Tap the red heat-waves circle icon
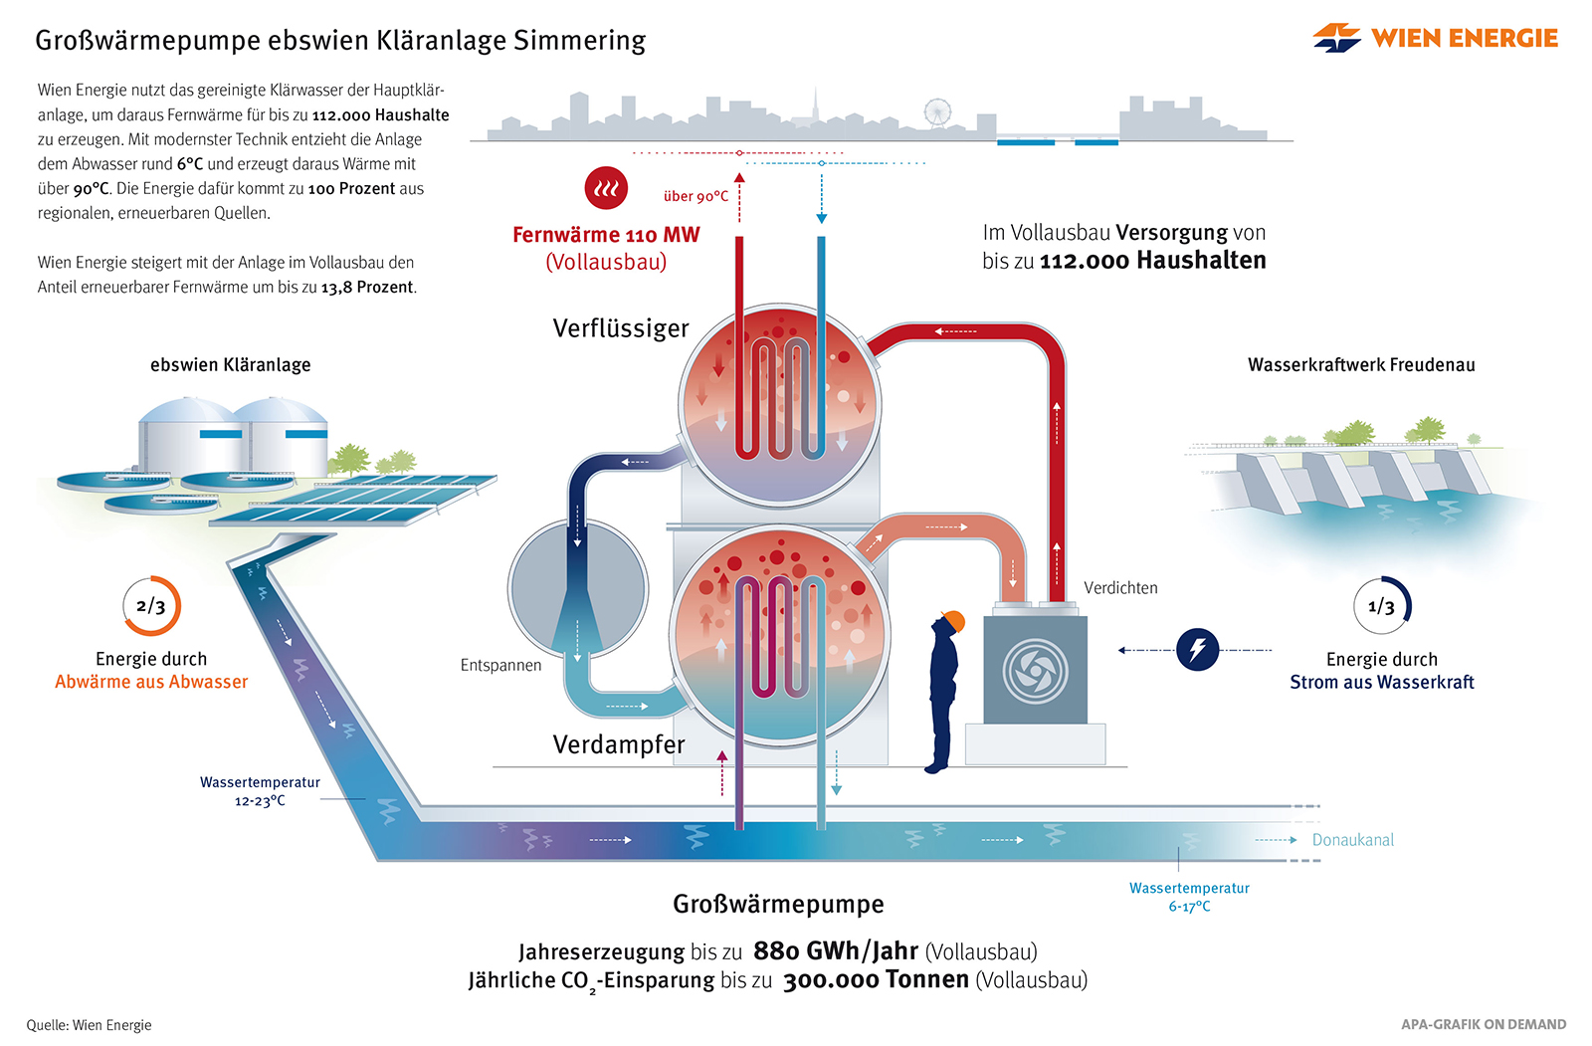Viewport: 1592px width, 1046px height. point(606,187)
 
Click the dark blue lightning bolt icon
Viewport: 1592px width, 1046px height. point(1197,650)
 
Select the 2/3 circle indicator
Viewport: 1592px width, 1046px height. point(151,605)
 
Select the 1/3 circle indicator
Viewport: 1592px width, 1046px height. point(1382,605)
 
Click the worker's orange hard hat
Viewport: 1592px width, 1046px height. point(953,621)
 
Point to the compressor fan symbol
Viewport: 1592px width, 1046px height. point(1035,671)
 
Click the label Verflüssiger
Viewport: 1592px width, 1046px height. point(621,328)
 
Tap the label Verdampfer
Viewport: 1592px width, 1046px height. point(619,744)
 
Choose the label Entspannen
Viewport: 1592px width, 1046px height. point(500,665)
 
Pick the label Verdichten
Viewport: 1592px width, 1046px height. point(1120,588)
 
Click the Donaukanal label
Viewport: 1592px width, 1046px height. point(1352,840)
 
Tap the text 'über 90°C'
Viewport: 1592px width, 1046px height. point(696,196)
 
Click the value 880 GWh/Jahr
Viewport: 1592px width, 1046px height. point(835,951)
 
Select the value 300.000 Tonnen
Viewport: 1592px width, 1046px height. point(876,980)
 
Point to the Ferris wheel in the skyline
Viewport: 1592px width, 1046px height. point(937,111)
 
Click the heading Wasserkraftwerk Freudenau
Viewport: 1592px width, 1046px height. point(1361,365)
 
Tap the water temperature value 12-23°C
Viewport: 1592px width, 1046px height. point(260,801)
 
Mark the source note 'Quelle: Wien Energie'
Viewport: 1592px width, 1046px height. point(89,1025)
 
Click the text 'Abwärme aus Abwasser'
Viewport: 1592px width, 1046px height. point(151,682)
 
